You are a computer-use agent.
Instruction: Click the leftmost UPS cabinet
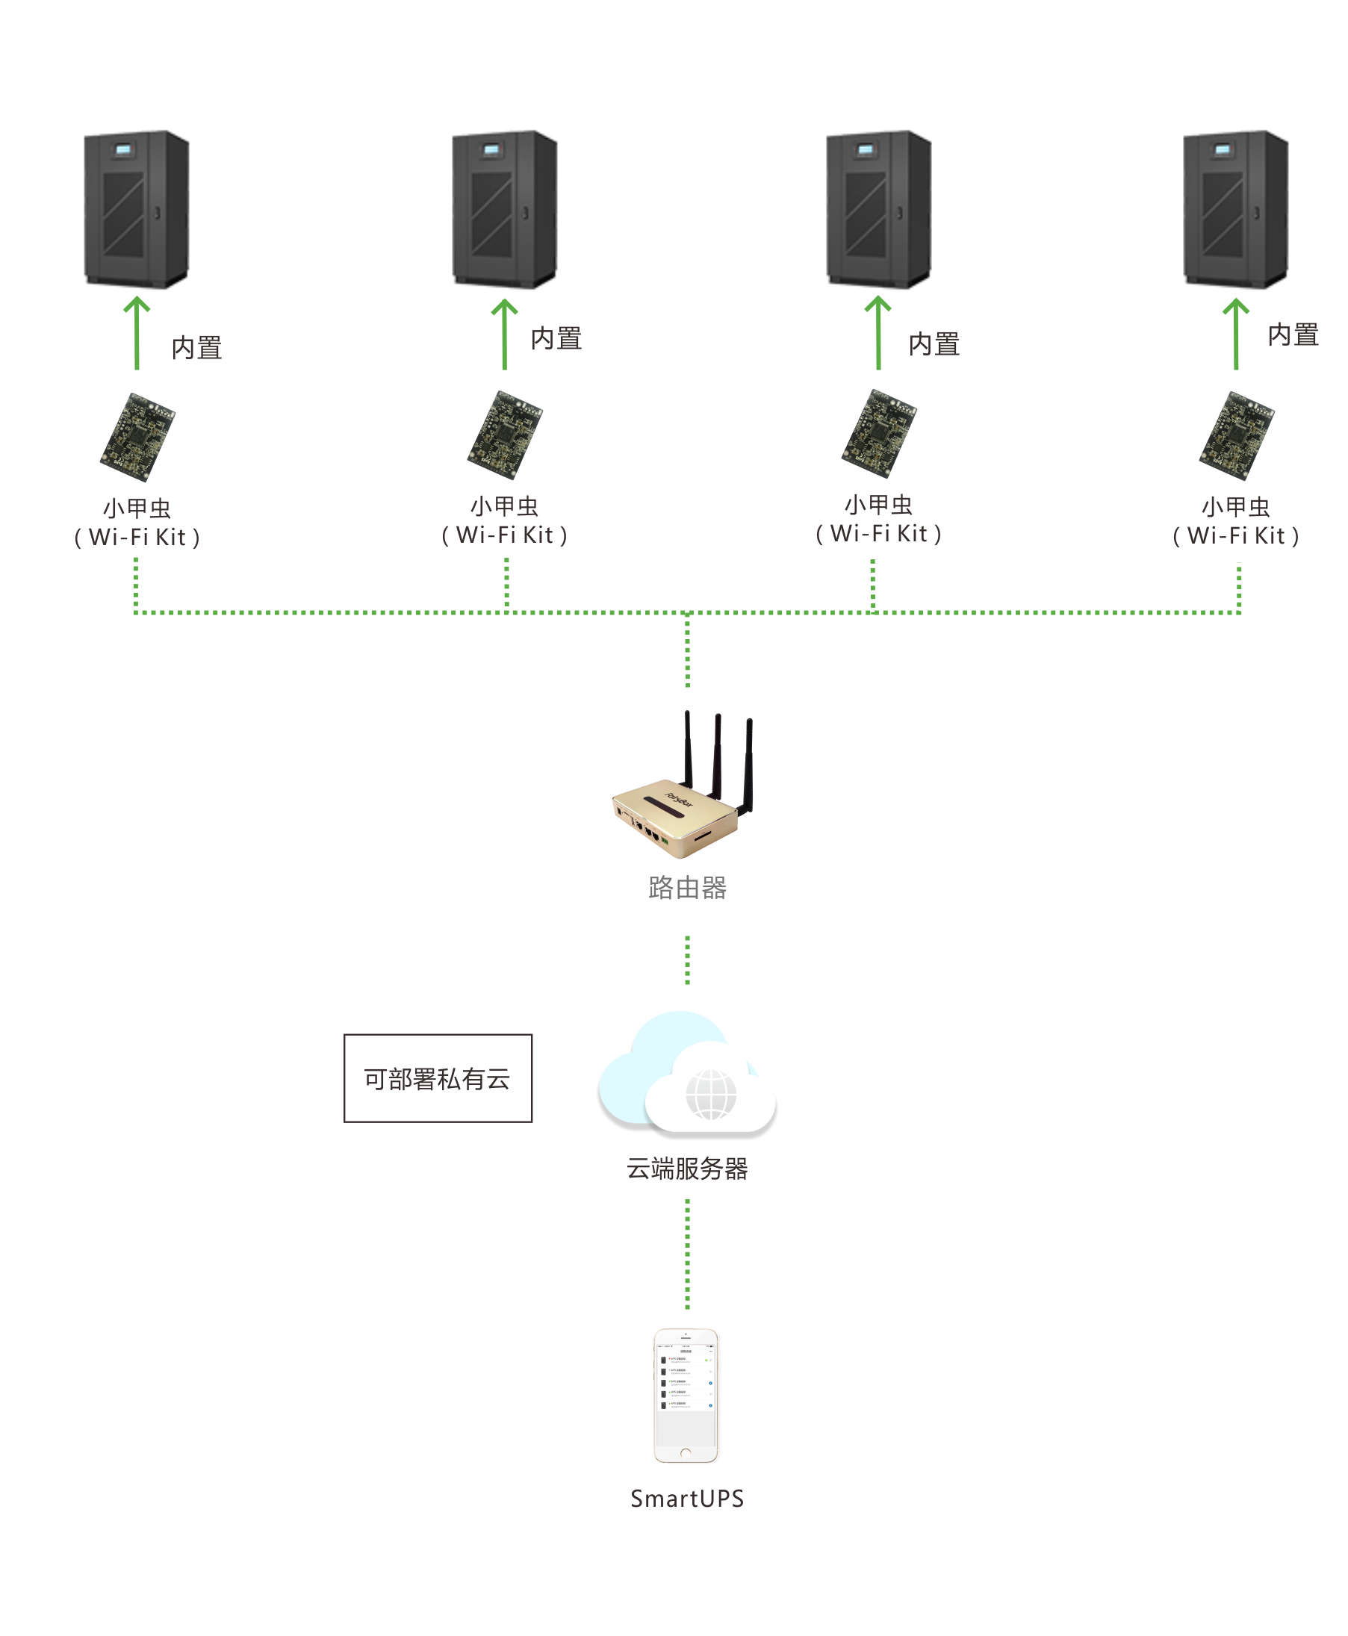click(x=137, y=209)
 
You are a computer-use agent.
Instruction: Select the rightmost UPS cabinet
click(x=1235, y=209)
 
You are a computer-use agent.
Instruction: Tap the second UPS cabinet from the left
click(x=505, y=209)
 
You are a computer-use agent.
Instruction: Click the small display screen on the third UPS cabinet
click(x=866, y=149)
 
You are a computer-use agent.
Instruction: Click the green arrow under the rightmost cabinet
click(x=1235, y=334)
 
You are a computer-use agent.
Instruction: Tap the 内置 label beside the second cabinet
click(x=556, y=338)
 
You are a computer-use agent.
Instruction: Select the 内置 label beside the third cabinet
click(x=934, y=344)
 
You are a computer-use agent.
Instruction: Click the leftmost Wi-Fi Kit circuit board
click(x=137, y=436)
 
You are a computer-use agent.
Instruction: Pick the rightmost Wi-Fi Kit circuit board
click(x=1236, y=435)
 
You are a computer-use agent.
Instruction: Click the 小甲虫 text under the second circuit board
click(x=505, y=506)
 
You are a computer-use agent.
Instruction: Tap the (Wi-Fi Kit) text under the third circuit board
click(x=878, y=534)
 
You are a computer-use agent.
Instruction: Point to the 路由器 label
click(x=687, y=888)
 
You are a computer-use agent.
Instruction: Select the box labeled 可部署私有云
click(x=438, y=1077)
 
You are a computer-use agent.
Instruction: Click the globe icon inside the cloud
click(x=710, y=1094)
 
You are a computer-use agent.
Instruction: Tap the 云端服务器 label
click(x=687, y=1169)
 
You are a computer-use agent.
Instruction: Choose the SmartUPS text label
click(x=687, y=1499)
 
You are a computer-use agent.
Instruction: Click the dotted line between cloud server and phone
click(x=687, y=1254)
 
